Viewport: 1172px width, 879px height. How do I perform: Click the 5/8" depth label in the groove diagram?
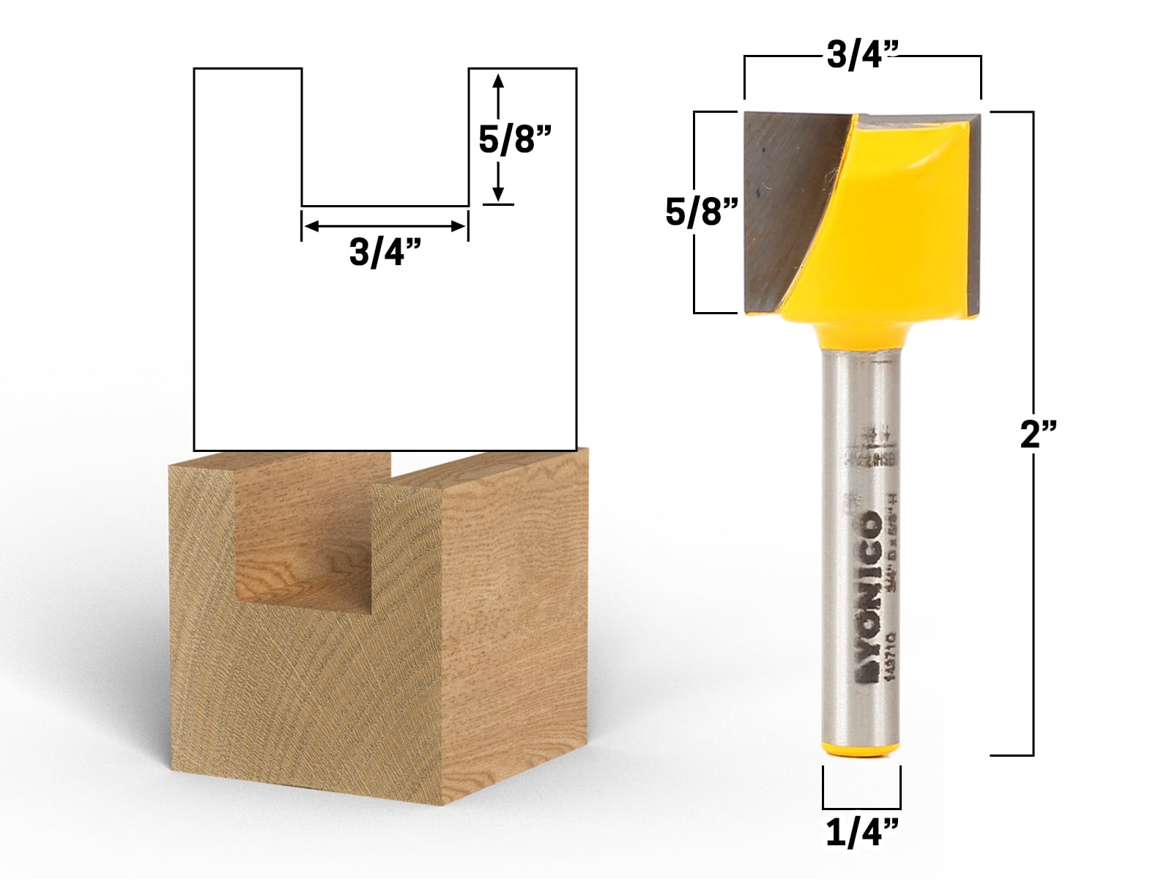[514, 138]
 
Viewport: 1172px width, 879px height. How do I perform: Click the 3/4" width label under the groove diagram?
[385, 253]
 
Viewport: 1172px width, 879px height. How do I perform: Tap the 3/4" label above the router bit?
[863, 54]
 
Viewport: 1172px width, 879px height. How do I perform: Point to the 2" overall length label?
[1038, 436]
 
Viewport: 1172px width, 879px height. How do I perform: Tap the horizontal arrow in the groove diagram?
[385, 226]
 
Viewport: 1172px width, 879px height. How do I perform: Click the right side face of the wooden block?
[513, 623]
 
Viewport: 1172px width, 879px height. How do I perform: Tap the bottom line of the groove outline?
[385, 206]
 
